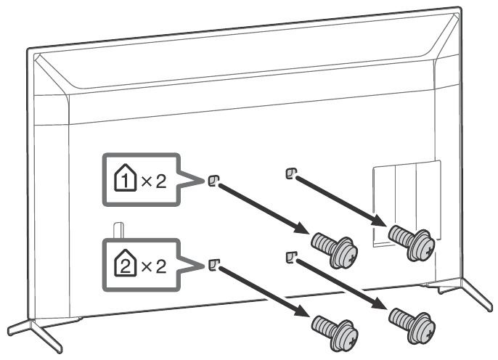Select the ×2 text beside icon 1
pos(155,181)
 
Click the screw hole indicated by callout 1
pos(213,180)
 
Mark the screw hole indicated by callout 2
pos(213,263)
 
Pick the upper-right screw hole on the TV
pos(290,173)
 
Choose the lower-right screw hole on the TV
pos(290,255)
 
